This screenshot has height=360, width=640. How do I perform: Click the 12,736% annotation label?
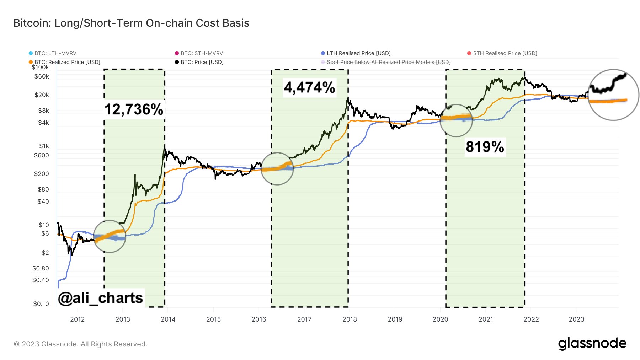(134, 109)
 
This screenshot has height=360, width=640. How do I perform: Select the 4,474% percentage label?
(309, 87)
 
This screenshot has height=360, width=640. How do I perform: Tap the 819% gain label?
(485, 147)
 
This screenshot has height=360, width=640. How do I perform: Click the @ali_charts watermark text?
(101, 298)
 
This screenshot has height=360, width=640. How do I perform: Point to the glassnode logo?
(592, 344)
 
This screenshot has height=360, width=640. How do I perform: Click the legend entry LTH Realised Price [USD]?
(358, 53)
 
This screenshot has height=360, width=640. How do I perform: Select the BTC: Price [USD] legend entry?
(202, 62)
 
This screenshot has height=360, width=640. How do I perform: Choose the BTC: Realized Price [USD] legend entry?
(67, 62)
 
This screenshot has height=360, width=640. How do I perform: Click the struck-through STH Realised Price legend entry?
(505, 53)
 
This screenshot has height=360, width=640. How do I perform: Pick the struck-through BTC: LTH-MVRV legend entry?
(55, 53)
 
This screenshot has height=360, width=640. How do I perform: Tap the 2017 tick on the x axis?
(304, 319)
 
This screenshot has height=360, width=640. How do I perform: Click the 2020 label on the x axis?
(440, 319)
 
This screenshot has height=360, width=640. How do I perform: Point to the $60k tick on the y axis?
(42, 76)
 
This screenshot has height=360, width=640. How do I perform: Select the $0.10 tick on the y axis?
(41, 304)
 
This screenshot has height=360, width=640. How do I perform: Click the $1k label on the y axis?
(44, 146)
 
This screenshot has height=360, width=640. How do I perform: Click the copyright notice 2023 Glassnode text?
(80, 344)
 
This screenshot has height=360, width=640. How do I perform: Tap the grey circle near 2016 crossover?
(277, 169)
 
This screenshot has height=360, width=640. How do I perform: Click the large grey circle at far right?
(613, 95)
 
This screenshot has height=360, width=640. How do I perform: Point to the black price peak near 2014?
(165, 145)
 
